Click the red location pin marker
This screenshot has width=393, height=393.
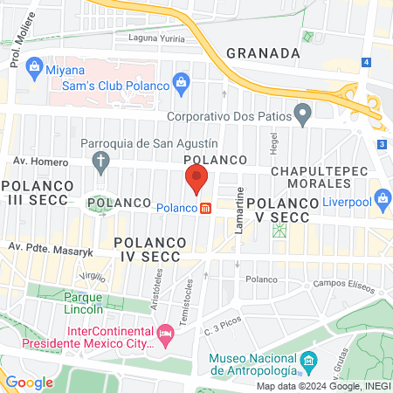196,179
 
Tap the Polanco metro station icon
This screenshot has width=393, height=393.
206,208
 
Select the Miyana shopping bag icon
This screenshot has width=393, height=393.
34,65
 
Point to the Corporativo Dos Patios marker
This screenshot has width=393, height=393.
302,113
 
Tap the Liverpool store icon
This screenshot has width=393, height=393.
381,198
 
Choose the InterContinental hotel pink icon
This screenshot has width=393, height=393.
163,332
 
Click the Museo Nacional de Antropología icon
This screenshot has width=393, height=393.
307,361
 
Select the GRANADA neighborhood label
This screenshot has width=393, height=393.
263,52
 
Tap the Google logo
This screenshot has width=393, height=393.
30,382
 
